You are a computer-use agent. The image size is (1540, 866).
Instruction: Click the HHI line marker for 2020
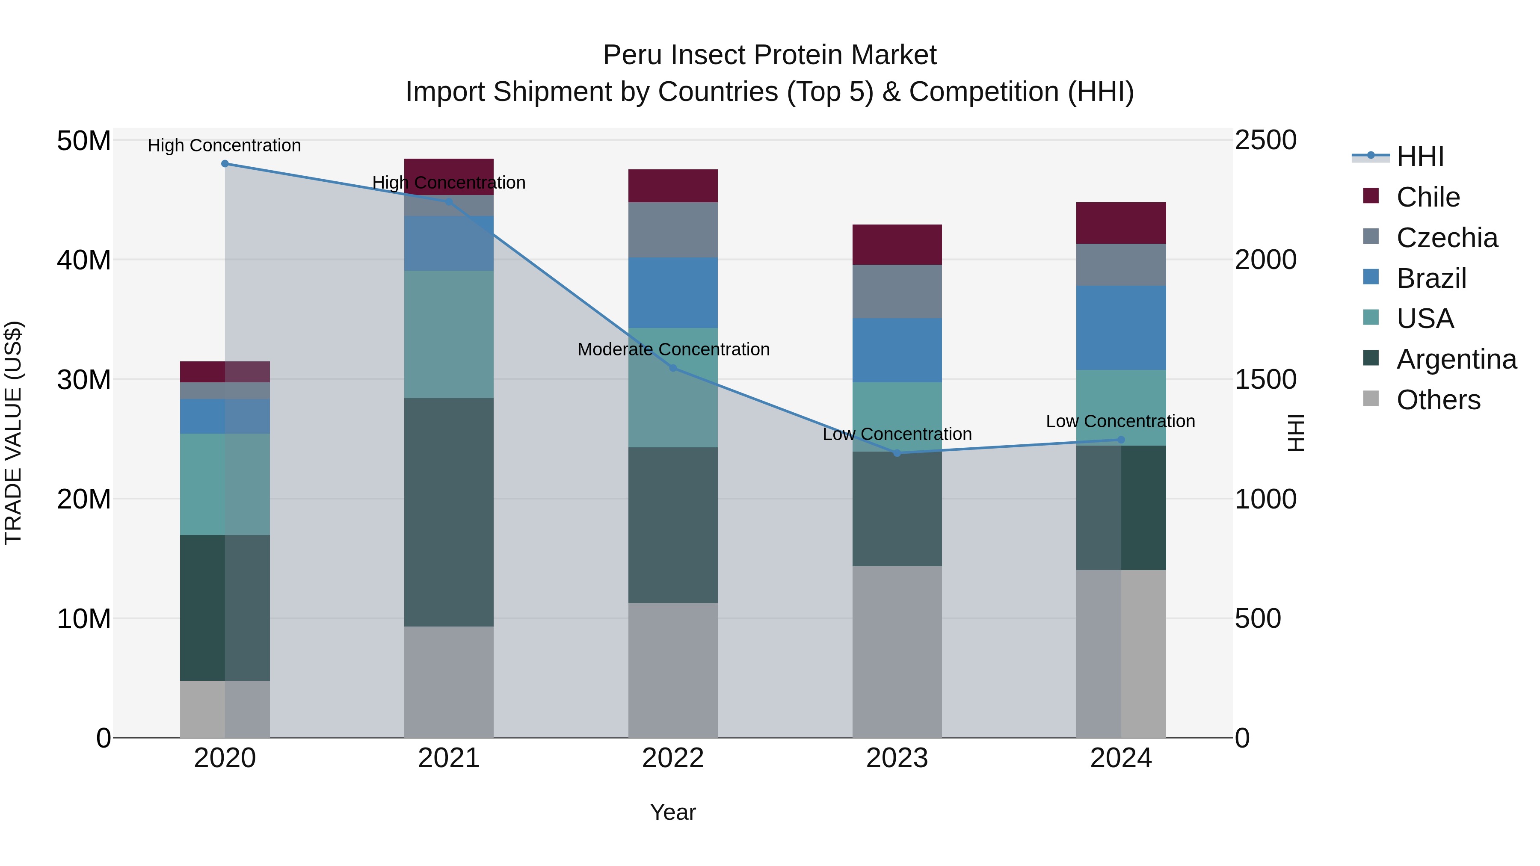pyautogui.click(x=225, y=164)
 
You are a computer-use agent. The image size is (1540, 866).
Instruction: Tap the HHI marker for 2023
pyautogui.click(x=897, y=453)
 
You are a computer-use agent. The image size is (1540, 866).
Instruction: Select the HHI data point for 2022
pyautogui.click(x=673, y=368)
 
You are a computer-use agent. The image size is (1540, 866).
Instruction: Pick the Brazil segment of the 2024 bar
pyautogui.click(x=1121, y=328)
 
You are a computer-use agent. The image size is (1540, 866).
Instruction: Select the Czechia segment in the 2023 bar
pyautogui.click(x=897, y=292)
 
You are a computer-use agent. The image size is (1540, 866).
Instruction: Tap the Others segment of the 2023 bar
pyautogui.click(x=897, y=651)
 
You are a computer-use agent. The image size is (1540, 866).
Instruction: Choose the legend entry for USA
pyautogui.click(x=1424, y=319)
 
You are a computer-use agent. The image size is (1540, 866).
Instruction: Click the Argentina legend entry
pyautogui.click(x=1456, y=359)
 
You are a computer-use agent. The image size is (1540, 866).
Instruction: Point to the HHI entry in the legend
pyautogui.click(x=1420, y=157)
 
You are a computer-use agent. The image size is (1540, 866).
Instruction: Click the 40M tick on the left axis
pyautogui.click(x=84, y=260)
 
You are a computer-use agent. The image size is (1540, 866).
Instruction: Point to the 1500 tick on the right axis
pyautogui.click(x=1266, y=379)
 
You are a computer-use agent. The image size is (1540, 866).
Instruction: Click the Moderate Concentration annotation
pyautogui.click(x=673, y=349)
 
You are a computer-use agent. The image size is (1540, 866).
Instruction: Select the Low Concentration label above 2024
pyautogui.click(x=1120, y=421)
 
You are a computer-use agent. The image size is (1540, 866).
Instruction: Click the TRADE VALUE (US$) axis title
pyautogui.click(x=13, y=433)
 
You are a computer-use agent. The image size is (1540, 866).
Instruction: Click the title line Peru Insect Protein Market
pyautogui.click(x=770, y=55)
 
